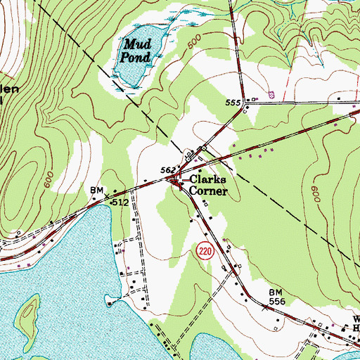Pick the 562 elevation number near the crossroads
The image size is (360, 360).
(167, 169)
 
